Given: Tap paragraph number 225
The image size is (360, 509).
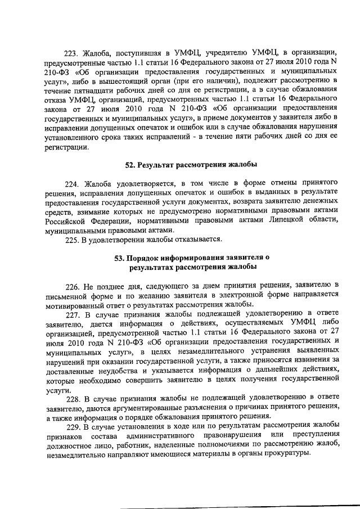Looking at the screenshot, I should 73,240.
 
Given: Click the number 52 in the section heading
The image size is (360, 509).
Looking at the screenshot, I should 129,165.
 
